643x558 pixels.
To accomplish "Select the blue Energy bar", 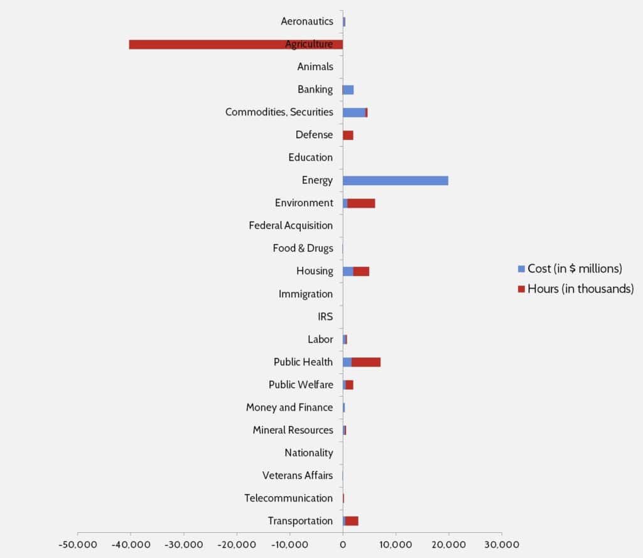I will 396,181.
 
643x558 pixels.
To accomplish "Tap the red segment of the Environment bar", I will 361,203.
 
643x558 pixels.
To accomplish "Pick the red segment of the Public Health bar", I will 366,362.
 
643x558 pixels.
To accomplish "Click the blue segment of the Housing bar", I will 348,271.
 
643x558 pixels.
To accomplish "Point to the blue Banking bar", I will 349,90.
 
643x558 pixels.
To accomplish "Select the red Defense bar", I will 349,135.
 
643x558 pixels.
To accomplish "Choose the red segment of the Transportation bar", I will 352,521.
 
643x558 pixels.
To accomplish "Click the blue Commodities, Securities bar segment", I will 354,112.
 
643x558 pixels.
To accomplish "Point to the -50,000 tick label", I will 77,544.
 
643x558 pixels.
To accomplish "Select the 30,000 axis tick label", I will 502,544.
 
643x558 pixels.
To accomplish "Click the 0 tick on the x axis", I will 343,544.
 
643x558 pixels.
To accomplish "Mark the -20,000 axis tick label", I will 237,544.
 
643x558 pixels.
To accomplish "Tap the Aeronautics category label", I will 307,21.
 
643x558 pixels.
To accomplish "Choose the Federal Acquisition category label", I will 291,225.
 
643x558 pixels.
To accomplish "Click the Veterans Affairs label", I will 298,475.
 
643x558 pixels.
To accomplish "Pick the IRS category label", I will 325,316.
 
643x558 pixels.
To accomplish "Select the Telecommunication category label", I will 289,498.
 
